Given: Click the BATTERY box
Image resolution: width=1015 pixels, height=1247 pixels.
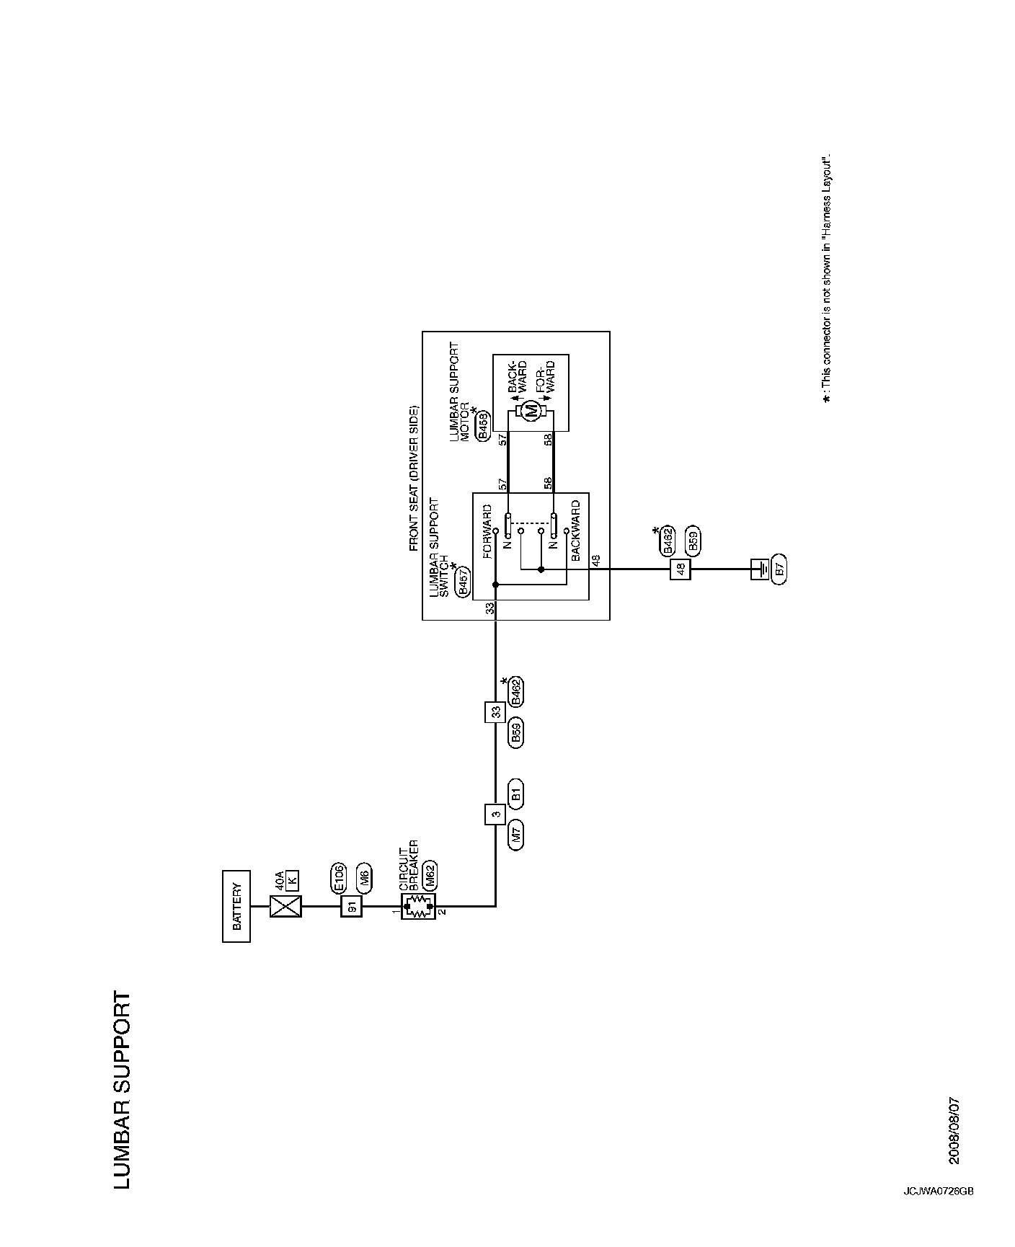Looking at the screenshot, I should tap(236, 907).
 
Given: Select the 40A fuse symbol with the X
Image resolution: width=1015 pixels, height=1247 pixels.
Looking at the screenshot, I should tap(285, 907).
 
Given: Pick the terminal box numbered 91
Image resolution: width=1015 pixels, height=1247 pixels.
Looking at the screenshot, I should tap(352, 907).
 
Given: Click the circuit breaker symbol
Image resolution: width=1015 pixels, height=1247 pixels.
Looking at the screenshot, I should tap(417, 907).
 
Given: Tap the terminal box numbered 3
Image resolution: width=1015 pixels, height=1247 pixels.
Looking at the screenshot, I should tap(495, 815).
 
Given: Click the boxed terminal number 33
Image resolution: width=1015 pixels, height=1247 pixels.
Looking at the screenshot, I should tap(495, 711).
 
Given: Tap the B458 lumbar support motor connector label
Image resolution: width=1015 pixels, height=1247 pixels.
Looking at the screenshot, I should tap(483, 425).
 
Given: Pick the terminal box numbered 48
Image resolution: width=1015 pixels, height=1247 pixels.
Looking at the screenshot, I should tap(680, 569).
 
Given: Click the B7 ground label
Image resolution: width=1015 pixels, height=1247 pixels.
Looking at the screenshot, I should tap(777, 569).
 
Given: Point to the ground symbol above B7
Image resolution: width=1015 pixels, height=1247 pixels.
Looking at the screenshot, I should tap(758, 569).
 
